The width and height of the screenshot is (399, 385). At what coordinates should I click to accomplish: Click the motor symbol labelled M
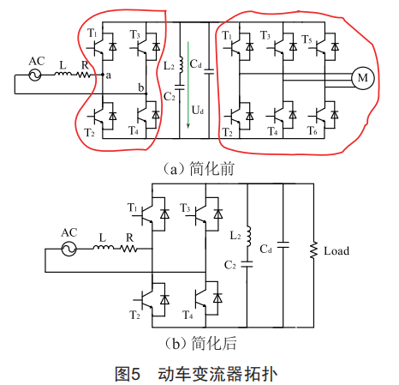[x=362, y=78]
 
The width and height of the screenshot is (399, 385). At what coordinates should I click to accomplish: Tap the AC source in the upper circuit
[x=35, y=75]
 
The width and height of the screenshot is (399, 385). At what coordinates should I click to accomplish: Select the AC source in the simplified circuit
[x=68, y=249]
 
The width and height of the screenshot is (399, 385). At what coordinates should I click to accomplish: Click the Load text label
[x=336, y=251]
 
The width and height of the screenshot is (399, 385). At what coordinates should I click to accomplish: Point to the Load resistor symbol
[x=313, y=250]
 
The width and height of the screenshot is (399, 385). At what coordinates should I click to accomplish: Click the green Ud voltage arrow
[x=188, y=85]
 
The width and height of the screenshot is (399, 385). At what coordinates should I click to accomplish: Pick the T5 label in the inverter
[x=307, y=39]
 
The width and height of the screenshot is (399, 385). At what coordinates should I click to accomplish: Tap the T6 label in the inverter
[x=312, y=130]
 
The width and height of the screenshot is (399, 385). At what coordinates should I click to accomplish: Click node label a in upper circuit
[x=108, y=75]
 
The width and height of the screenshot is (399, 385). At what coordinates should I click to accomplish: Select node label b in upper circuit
[x=141, y=87]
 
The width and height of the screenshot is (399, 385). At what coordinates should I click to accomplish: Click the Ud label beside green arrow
[x=198, y=110]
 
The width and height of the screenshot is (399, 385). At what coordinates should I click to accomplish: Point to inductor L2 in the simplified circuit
[x=248, y=236]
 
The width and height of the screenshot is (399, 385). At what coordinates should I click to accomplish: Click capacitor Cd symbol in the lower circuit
[x=283, y=245]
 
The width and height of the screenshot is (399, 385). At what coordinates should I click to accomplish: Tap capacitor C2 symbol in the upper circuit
[x=180, y=87]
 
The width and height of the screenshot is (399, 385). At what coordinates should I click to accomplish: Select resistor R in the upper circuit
[x=83, y=75]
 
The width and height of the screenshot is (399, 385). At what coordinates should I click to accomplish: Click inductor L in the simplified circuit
[x=104, y=247]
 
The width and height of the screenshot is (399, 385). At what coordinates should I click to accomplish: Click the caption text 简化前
[x=212, y=169]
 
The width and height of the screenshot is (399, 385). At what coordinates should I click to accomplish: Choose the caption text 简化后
[x=214, y=343]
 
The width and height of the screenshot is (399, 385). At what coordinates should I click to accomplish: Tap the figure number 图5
[x=128, y=374]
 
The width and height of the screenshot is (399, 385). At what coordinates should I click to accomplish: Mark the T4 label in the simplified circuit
[x=188, y=315]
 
